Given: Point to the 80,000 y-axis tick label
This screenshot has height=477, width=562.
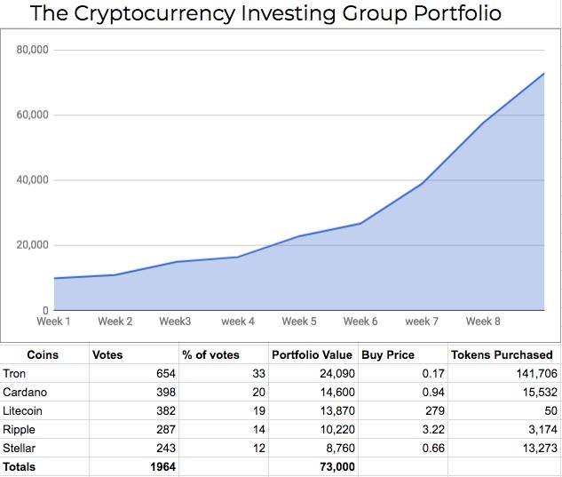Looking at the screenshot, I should (33, 50).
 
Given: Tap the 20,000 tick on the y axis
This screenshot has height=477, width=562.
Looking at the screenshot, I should (33, 245).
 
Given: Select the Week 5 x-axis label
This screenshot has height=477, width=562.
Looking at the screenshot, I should (299, 322).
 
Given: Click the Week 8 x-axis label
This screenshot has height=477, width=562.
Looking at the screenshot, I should (483, 322).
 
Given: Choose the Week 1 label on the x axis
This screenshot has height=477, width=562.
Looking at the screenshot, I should (53, 322).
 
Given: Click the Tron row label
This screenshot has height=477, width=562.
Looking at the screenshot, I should (14, 374).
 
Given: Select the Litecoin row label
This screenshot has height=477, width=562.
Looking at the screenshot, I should (23, 411).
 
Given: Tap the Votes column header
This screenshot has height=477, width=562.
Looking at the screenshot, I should (107, 354).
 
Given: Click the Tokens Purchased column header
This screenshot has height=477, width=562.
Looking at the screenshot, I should (502, 354).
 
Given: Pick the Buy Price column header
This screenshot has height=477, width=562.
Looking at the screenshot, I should (388, 354).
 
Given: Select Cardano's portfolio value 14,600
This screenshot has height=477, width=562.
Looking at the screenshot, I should (336, 393).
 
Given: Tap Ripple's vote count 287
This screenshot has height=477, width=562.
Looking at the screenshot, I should (164, 430).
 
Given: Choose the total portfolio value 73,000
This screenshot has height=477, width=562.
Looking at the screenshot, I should (336, 467).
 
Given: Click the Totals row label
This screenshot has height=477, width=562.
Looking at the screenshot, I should (21, 467).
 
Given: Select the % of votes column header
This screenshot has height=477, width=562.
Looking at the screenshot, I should (211, 354).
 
